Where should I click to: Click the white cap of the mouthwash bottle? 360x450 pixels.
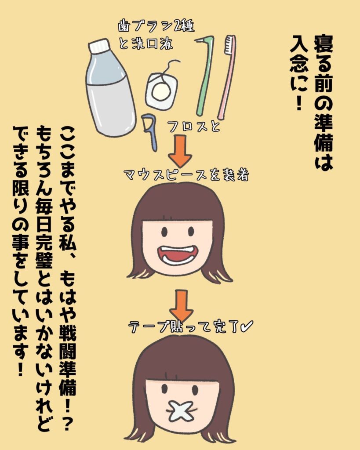[x=99, y=46]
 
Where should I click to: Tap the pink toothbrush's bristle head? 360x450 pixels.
[x=229, y=45]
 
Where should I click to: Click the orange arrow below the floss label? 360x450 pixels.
[x=180, y=151]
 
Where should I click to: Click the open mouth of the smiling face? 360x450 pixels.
[x=178, y=254]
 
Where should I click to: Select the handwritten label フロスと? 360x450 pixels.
[x=193, y=127]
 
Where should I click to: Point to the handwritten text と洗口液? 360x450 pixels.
[x=145, y=44]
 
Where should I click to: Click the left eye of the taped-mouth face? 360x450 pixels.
[x=164, y=389]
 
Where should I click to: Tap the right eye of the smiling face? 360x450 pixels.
[x=191, y=231]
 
